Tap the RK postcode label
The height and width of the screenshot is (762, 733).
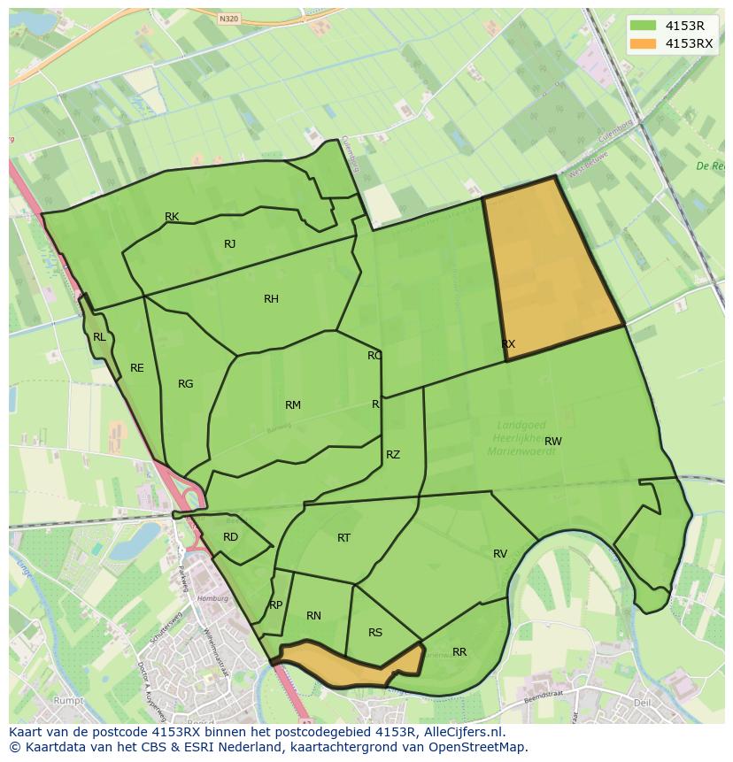coord(172,217)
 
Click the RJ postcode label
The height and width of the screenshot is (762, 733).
coord(230,244)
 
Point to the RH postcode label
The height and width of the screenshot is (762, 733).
coord(271,299)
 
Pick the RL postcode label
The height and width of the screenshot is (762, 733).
coord(99,337)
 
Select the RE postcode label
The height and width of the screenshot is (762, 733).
coord(137,368)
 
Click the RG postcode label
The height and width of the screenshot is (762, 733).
coord(185,384)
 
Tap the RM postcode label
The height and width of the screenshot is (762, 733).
coord(293,405)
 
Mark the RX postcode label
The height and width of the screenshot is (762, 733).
coord(508,344)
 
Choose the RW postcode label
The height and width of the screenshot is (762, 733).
coord(553,441)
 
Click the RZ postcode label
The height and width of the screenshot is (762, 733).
coord(393,455)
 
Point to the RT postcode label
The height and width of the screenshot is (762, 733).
coord(344,538)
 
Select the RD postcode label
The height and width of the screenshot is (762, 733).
coord(230,537)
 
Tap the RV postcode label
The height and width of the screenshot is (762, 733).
coord(500,554)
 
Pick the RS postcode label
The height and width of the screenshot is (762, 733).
coord(375,633)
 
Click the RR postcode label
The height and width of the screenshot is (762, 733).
coord(459,652)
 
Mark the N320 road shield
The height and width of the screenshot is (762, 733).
coord(229,18)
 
